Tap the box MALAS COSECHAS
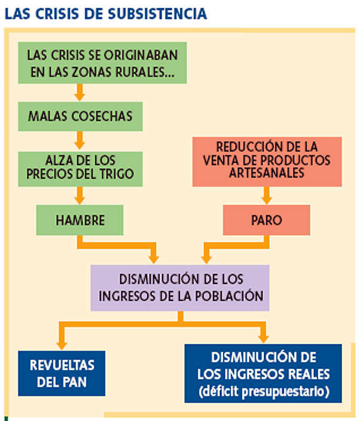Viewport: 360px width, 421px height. tap(80, 115)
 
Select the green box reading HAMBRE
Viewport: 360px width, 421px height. tap(80, 220)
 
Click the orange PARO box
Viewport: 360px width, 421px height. tap(267, 220)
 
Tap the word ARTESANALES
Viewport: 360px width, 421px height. tap(266, 173)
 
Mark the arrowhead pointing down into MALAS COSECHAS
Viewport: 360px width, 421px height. tap(80, 96)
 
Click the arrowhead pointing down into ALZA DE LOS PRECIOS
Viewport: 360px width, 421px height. tap(80, 145)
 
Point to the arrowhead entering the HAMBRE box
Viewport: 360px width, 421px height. tap(80, 199)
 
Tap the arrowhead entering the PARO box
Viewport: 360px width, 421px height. tap(267, 199)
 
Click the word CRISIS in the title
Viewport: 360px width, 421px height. tap(53, 13)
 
